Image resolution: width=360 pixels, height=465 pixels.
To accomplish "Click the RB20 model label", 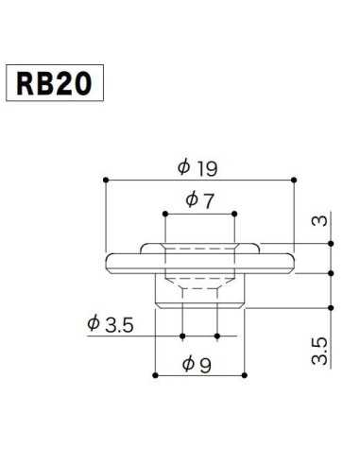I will (53, 84).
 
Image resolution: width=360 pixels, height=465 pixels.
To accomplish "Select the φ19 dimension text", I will (198, 167).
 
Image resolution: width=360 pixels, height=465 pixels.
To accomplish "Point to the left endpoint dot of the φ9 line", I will (154, 375).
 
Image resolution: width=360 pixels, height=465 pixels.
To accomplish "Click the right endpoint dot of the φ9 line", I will (246, 375).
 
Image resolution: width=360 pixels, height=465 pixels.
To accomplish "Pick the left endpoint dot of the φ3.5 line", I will (181, 335).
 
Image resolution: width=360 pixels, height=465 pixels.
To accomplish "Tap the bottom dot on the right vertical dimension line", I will (332, 307).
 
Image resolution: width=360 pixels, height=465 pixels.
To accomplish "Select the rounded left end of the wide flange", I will (106, 261).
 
